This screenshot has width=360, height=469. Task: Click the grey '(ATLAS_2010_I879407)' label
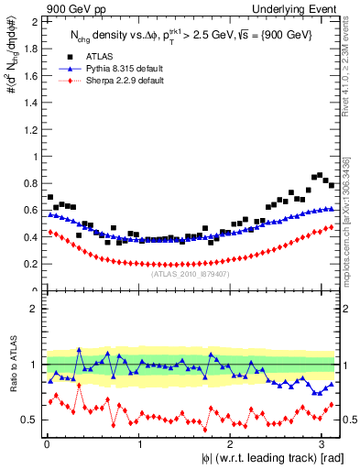(190, 274)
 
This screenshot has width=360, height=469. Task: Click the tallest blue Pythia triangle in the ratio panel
(80, 350)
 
